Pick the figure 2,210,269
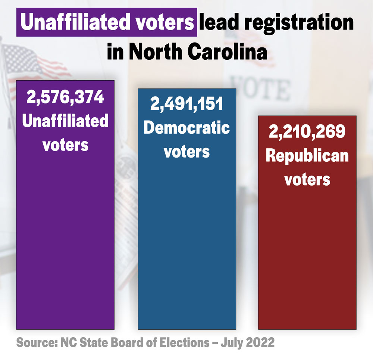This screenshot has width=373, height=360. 307,132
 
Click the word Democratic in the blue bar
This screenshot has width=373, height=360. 187,128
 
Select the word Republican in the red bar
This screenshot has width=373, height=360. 307,156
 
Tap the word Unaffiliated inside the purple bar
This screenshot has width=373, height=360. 65,121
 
